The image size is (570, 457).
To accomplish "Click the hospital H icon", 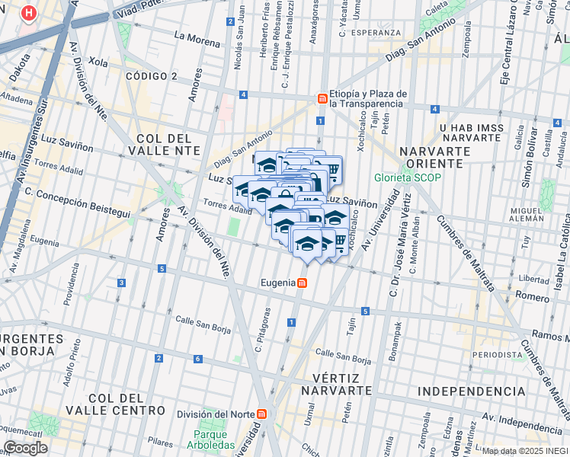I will pyautogui.click(x=29, y=13).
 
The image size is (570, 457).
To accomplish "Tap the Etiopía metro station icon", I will pyautogui.click(x=322, y=99).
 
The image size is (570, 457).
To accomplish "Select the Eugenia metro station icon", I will pyautogui.click(x=303, y=283).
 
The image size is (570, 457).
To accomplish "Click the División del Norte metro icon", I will pyautogui.click(x=263, y=414).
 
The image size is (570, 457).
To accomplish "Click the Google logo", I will pyautogui.click(x=25, y=447).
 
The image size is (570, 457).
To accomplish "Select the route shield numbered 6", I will pyautogui.click(x=197, y=359).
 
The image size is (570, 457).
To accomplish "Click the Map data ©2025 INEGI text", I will pyautogui.click(x=524, y=451).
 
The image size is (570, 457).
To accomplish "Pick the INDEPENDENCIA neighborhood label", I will pyautogui.click(x=471, y=391).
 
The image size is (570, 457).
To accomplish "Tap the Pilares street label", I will pyautogui.click(x=161, y=441).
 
